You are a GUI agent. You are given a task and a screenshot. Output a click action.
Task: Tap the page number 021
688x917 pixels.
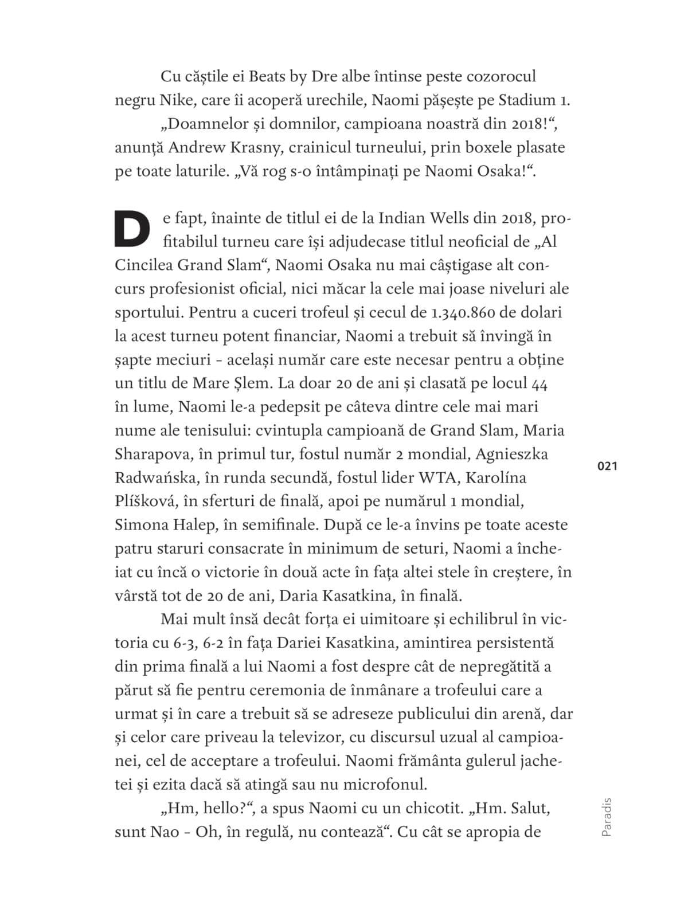pyautogui.click(x=607, y=467)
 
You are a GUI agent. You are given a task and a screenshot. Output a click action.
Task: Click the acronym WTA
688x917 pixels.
pyautogui.click(x=438, y=478)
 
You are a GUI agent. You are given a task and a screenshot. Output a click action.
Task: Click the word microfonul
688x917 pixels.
pyautogui.click(x=383, y=784)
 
